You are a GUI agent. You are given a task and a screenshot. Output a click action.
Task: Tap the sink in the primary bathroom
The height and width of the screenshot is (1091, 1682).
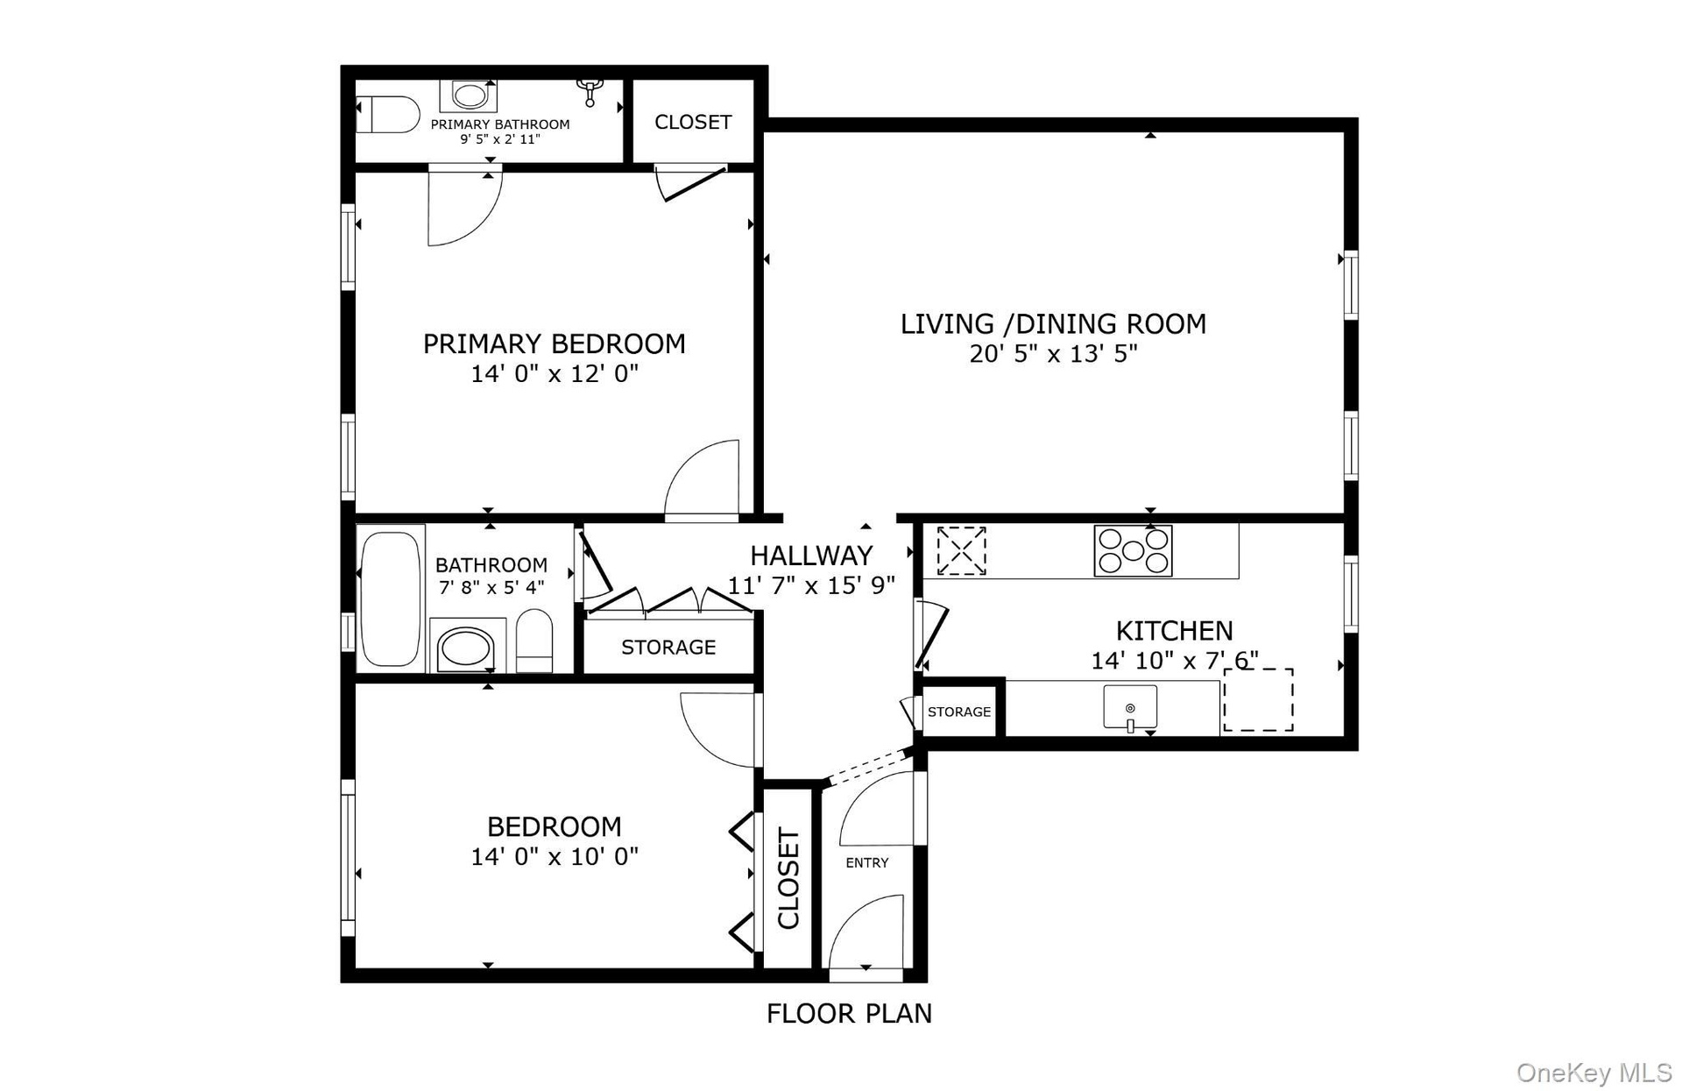point(473,95)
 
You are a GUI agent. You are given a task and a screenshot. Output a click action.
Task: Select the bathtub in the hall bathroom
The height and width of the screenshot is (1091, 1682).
point(390,598)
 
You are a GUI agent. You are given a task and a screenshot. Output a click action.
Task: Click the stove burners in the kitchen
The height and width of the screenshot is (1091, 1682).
point(1133,550)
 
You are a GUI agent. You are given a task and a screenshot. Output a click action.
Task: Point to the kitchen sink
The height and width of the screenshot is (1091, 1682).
point(1130,707)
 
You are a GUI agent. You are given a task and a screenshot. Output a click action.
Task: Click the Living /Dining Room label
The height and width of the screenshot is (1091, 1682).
point(1053,324)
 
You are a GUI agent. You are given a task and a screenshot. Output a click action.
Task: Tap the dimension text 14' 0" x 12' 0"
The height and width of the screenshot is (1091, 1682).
point(555,374)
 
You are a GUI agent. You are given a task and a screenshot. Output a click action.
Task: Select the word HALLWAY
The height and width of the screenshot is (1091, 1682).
point(811,556)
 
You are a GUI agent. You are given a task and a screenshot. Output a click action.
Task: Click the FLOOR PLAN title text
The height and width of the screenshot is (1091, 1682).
point(849,1014)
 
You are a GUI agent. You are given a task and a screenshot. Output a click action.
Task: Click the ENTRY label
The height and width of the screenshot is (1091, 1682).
point(867,863)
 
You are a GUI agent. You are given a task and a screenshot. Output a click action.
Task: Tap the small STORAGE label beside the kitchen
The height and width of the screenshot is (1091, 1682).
point(959,712)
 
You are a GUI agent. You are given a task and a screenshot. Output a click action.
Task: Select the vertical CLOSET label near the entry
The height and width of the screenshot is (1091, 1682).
point(789,879)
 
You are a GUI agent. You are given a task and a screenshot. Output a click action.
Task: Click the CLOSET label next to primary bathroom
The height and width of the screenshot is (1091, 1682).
point(693,122)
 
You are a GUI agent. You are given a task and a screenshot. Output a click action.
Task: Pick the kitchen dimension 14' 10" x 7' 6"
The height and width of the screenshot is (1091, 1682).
point(1175,661)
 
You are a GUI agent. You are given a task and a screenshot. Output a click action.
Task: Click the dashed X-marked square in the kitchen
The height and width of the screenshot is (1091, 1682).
point(961,550)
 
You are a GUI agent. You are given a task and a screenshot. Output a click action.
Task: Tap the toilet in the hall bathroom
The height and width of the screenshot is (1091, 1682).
point(534,641)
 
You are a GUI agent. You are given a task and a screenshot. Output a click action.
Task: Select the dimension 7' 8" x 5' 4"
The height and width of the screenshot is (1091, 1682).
point(491,587)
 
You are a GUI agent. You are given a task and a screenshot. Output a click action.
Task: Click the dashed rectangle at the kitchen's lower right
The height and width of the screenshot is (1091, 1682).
point(1258,698)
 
